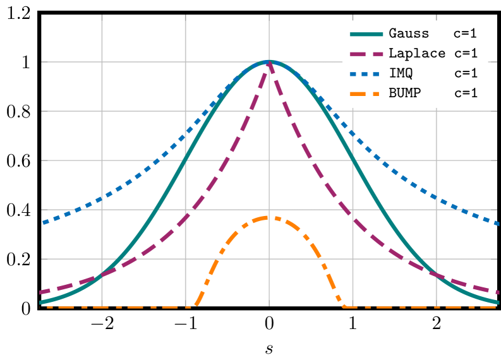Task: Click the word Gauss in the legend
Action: click(x=409, y=33)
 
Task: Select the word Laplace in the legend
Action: click(x=417, y=53)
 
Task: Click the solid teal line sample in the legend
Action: click(x=366, y=33)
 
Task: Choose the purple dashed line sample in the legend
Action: click(x=366, y=53)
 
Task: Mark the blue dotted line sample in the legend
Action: click(x=366, y=73)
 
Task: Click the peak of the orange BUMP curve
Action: click(x=269, y=217)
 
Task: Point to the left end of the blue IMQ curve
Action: click(x=42, y=222)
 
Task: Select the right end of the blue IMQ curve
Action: click(x=498, y=223)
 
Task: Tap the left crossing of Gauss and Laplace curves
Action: click(x=102, y=276)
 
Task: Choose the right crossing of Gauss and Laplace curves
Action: click(x=437, y=276)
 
